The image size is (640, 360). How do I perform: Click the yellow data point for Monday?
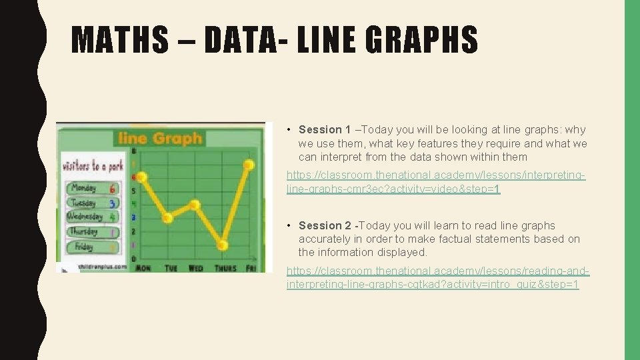tap(141, 176)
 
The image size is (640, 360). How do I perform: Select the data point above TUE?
tap(168, 217)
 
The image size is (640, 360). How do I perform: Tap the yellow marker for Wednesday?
tap(195, 205)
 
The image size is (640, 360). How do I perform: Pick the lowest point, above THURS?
tap(223, 245)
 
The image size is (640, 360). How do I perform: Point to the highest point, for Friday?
tap(249, 164)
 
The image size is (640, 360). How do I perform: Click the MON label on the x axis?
tap(143, 268)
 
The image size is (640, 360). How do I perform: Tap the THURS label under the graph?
tap(225, 268)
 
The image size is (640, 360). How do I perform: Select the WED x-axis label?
tap(196, 268)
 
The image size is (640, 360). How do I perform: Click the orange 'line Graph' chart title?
tap(159, 139)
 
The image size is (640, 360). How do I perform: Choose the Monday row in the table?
tap(91, 189)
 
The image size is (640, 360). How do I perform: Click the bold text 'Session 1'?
tap(325, 130)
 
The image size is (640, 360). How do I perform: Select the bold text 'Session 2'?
tap(325, 226)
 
